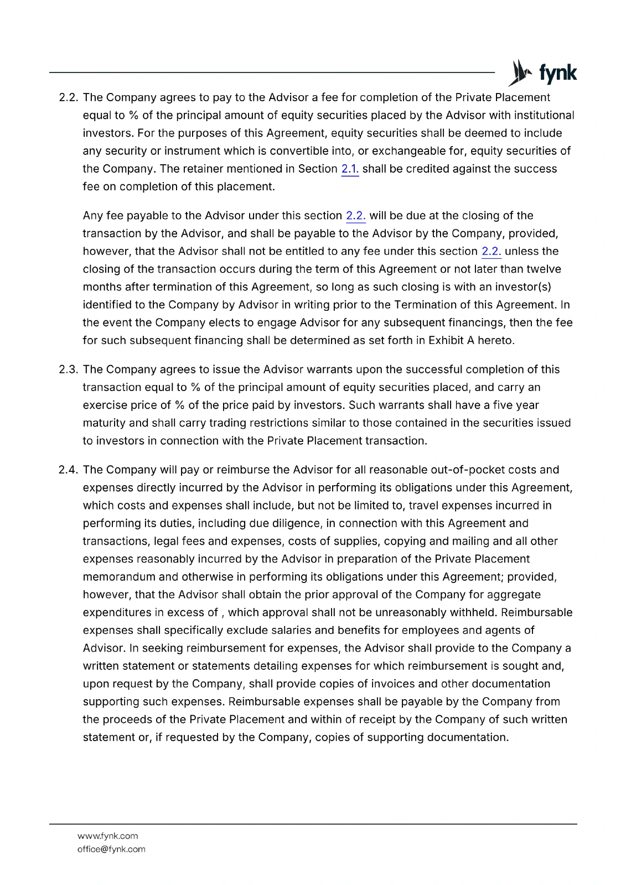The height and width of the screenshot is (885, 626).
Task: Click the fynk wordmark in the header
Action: (557, 74)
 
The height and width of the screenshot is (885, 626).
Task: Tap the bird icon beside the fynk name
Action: (520, 72)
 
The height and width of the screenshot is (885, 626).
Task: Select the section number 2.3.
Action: (69, 369)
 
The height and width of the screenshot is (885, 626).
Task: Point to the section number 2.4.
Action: (69, 470)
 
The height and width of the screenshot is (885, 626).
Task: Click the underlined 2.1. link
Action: (350, 169)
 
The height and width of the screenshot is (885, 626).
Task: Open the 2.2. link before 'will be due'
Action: (355, 216)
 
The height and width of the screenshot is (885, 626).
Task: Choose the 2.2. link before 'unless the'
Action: (491, 251)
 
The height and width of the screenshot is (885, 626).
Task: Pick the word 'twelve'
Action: (544, 269)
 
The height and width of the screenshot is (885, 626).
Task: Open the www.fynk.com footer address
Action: (107, 836)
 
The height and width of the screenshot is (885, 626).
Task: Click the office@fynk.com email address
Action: (111, 850)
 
